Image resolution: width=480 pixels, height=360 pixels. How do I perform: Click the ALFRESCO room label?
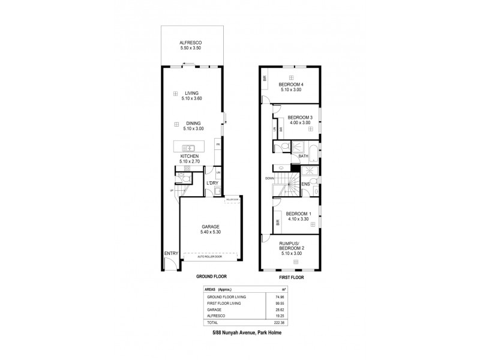tap(193, 43)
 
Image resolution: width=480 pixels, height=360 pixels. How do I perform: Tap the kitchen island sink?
tap(187, 147)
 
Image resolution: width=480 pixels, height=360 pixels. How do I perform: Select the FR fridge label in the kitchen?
tap(218, 145)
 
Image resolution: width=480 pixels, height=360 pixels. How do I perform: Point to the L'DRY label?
tap(211, 182)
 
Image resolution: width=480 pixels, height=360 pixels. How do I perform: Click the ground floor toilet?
tap(187, 178)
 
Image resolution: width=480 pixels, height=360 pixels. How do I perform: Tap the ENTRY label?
tap(171, 253)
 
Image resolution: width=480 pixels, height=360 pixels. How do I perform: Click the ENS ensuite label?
tap(305, 183)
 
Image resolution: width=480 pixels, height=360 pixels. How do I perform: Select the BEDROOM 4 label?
tap(291, 85)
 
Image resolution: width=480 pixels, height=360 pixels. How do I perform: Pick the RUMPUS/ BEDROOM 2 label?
tap(291, 245)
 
